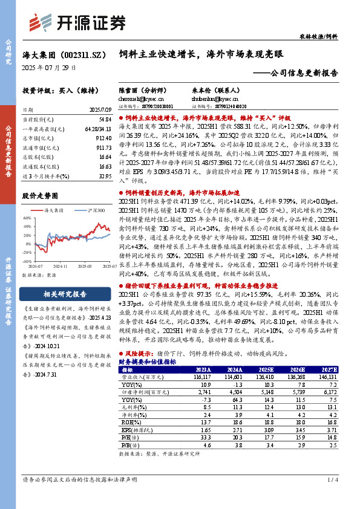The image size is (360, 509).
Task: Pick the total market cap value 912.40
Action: pyautogui.click(x=103, y=139)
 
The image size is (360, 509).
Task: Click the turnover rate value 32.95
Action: pyautogui.click(x=105, y=175)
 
